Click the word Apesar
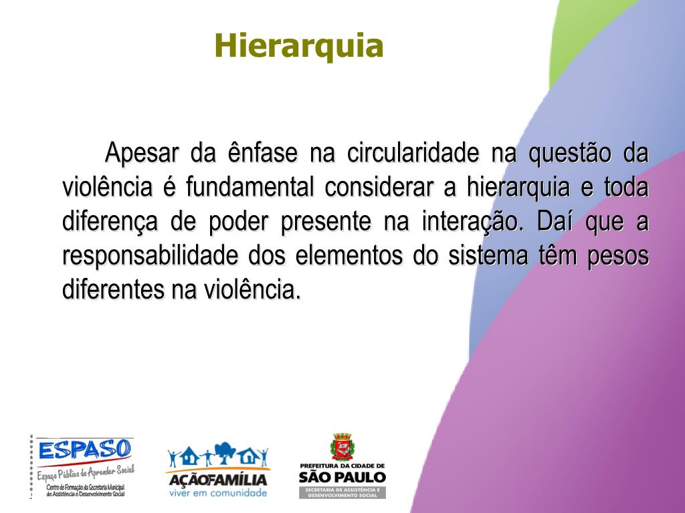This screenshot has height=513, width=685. click(142, 154)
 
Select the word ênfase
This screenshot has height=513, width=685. click(262, 153)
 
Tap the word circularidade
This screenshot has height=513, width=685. click(413, 153)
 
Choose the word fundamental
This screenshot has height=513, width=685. click(250, 187)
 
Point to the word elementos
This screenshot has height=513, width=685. click(349, 256)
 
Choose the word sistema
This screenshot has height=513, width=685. click(488, 256)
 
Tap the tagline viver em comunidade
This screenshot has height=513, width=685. click(218, 493)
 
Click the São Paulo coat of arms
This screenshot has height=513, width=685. click(342, 447)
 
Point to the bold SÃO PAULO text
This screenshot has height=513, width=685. click(342, 477)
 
